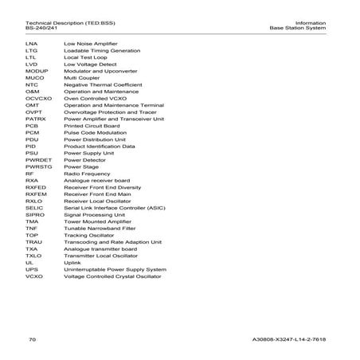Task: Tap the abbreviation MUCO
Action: (33, 77)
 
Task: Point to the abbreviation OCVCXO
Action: (37, 98)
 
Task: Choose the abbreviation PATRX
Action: (35, 119)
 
